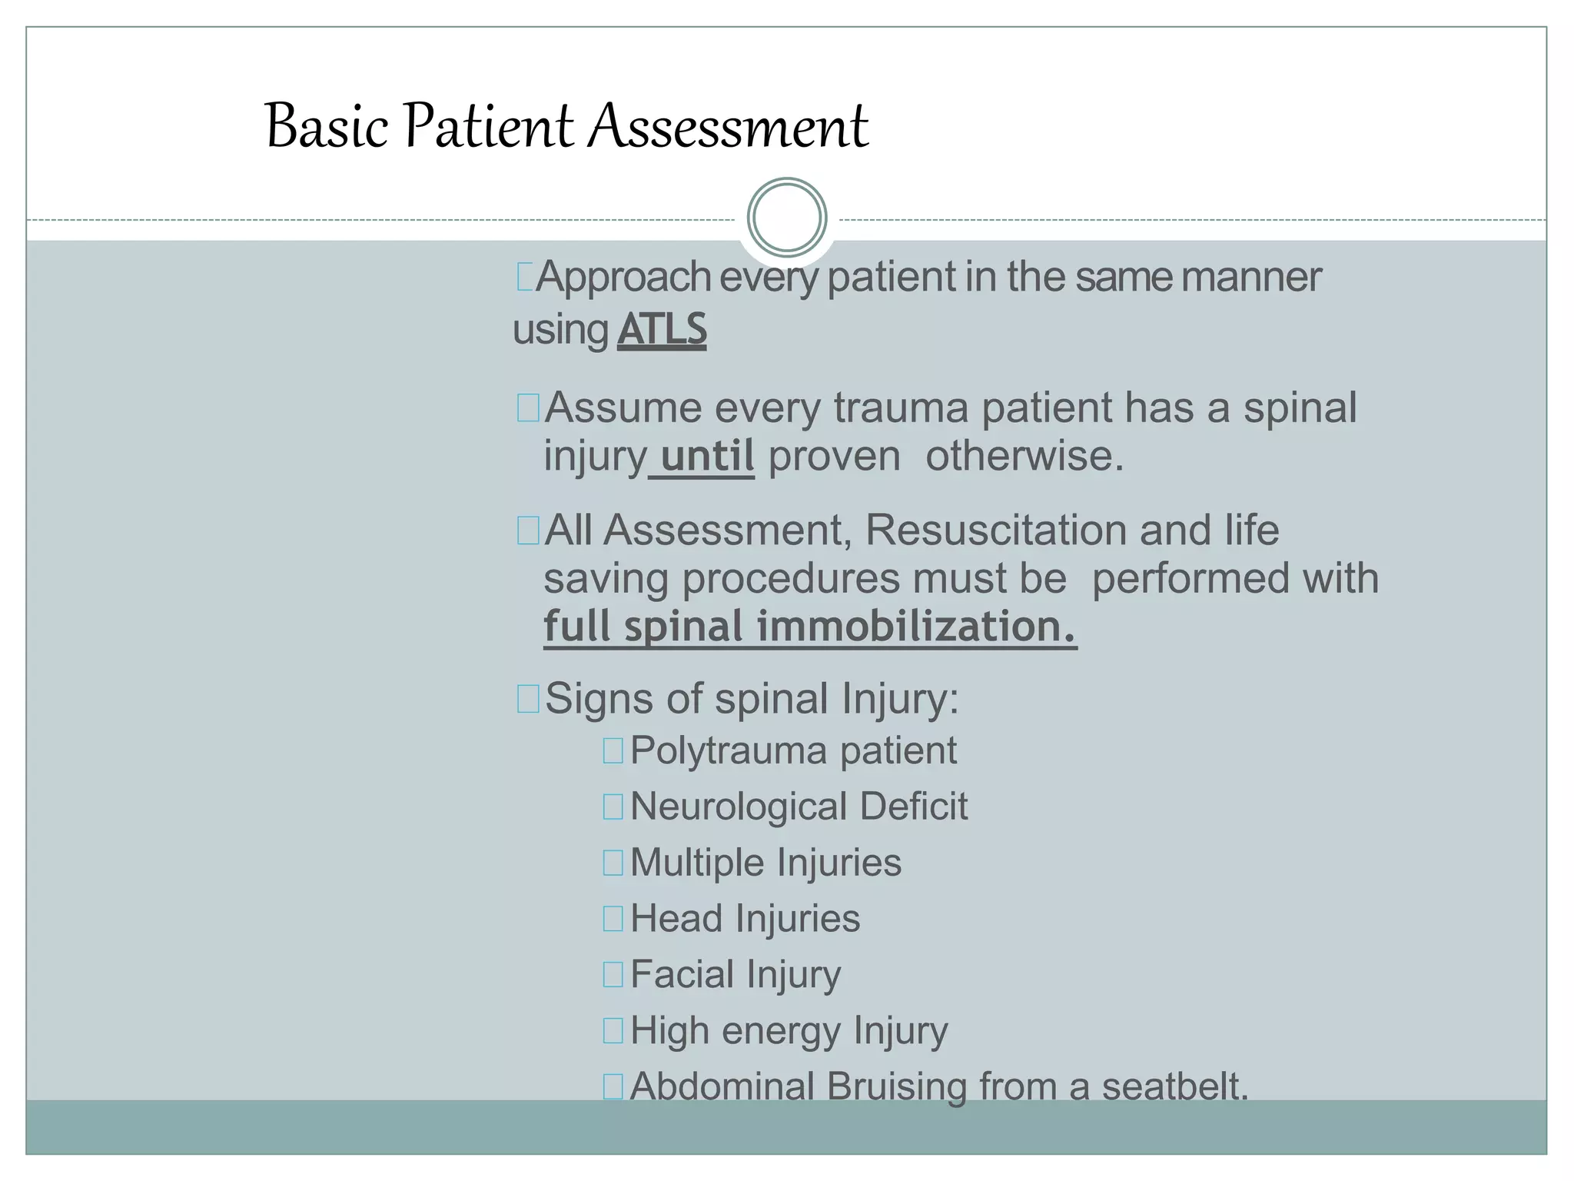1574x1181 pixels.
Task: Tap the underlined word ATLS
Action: point(662,330)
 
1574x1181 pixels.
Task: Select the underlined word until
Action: point(707,456)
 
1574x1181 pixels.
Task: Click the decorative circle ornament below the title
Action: point(786,218)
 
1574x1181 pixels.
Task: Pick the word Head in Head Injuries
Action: point(676,919)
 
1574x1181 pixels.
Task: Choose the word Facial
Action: point(682,975)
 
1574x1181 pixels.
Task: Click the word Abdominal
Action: point(722,1086)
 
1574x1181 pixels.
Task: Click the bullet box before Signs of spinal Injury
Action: point(528,700)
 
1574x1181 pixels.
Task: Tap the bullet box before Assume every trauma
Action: point(528,408)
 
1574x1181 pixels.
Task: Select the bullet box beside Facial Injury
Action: point(613,975)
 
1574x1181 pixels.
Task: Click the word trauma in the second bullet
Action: point(901,408)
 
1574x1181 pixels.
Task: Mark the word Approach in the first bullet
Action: point(623,277)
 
